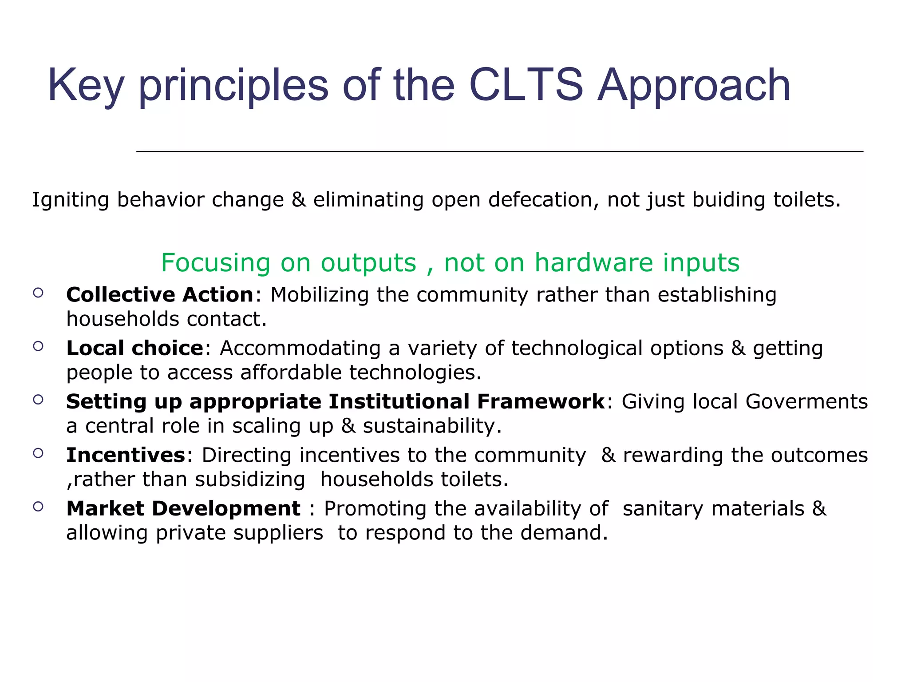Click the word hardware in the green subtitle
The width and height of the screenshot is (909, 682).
click(x=593, y=262)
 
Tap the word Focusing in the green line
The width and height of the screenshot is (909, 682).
click(x=216, y=263)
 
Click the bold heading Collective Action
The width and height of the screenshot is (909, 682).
click(x=160, y=295)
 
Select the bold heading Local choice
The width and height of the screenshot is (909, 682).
click(x=134, y=348)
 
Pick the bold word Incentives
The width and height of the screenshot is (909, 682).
click(x=126, y=455)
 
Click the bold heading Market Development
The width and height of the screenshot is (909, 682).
click(x=183, y=508)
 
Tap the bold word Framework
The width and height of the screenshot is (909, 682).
click(x=541, y=402)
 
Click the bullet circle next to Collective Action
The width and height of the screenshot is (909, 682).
click(x=38, y=293)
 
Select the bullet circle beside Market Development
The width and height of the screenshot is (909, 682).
click(x=38, y=506)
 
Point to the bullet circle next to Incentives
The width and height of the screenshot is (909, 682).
click(x=38, y=453)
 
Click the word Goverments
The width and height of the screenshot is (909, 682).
click(x=806, y=402)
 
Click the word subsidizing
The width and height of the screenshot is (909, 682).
click(x=250, y=480)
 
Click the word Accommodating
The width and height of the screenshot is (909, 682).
click(x=300, y=348)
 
